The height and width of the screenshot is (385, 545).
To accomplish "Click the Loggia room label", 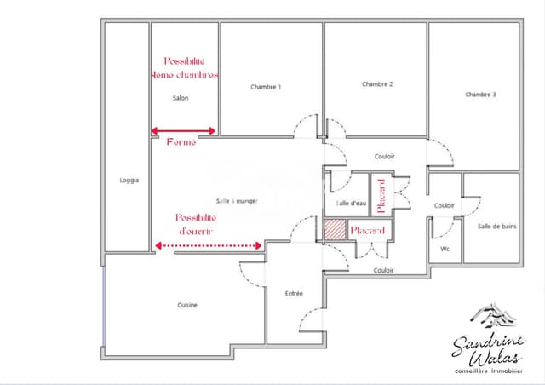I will (x=129, y=180).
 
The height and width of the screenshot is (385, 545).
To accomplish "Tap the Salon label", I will (x=181, y=98).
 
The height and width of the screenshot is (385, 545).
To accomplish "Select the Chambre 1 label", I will (x=266, y=87).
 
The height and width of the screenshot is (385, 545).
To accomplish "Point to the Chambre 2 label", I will (x=377, y=84).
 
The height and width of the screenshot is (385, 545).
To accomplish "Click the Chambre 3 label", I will (x=480, y=95).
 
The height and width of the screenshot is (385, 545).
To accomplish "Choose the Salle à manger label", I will (x=237, y=201).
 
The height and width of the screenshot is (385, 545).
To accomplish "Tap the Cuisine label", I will (x=189, y=305).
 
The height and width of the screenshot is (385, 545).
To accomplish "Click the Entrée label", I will (x=294, y=294).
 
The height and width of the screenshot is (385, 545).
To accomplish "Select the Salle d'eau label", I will (x=350, y=204).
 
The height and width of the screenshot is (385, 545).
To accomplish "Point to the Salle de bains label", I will (x=496, y=226).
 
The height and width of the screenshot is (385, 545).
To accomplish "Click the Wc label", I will (x=445, y=249).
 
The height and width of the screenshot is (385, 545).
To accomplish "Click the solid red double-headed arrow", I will (x=184, y=131).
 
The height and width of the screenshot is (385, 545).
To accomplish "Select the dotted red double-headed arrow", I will (x=209, y=245).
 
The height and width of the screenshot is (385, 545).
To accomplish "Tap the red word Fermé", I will (x=181, y=142).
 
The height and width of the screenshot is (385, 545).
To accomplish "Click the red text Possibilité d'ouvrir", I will (x=196, y=225).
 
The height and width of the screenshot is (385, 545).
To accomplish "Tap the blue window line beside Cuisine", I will (x=104, y=307).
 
